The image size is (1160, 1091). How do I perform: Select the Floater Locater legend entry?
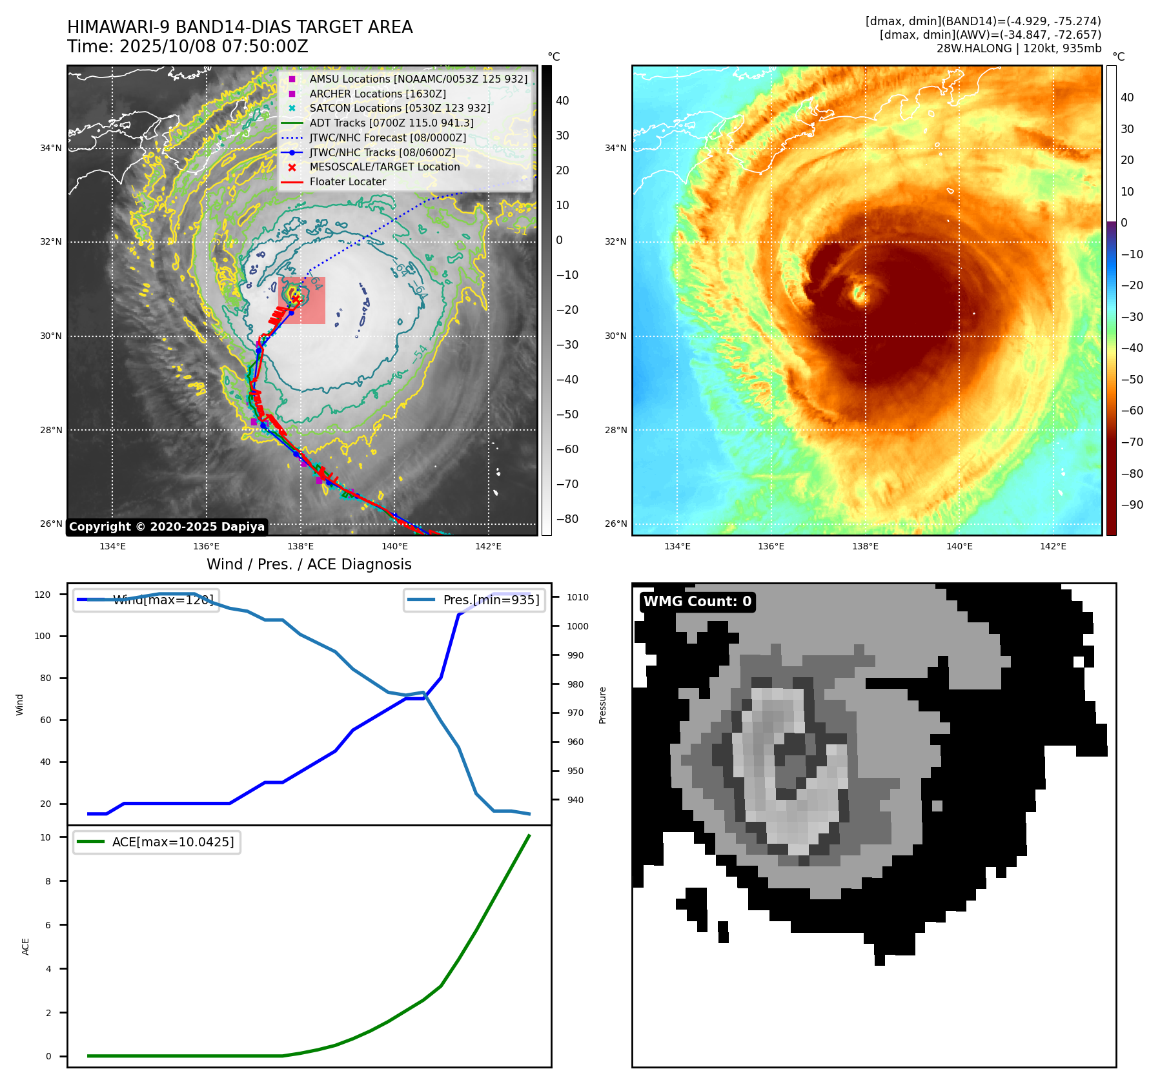click(x=347, y=181)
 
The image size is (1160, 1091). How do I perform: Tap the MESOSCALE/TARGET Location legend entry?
click(x=384, y=167)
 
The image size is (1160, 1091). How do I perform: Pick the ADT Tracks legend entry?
click(x=391, y=123)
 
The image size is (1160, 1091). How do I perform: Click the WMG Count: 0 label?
click(x=697, y=602)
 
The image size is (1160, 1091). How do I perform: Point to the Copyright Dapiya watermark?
click(x=167, y=527)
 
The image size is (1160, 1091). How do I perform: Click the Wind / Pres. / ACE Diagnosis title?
click(x=309, y=564)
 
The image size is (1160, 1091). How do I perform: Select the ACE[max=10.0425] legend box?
click(x=157, y=842)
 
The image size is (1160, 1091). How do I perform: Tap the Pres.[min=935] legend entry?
click(x=474, y=600)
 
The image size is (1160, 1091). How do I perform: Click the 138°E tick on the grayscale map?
click(x=300, y=547)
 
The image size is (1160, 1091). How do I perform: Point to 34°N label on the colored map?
click(x=615, y=148)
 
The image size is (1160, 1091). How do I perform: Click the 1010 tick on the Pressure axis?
click(x=577, y=597)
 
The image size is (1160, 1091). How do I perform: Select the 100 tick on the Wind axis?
click(x=43, y=636)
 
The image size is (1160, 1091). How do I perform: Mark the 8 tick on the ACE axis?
click(x=48, y=881)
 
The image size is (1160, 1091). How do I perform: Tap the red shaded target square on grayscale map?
click(x=301, y=300)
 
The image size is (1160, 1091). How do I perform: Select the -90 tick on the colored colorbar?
click(x=1132, y=505)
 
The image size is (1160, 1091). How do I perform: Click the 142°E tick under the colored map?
click(x=1053, y=547)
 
